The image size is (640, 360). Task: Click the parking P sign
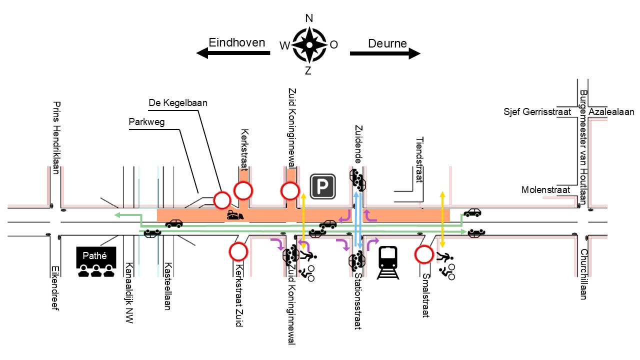pyautogui.click(x=322, y=186)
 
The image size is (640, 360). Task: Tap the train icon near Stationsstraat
pyautogui.click(x=387, y=262)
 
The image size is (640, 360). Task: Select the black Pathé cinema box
pyautogui.click(x=96, y=257)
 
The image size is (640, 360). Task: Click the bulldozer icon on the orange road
pyautogui.click(x=235, y=215)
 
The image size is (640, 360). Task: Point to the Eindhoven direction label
pyautogui.click(x=237, y=42)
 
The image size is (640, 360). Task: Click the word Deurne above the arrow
pyautogui.click(x=387, y=43)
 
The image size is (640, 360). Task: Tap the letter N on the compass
pyautogui.click(x=309, y=18)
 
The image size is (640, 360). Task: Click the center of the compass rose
pyautogui.click(x=309, y=45)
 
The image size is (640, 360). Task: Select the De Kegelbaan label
pyautogui.click(x=178, y=103)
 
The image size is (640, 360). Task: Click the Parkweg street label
pyautogui.click(x=146, y=122)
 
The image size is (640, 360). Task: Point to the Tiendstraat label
pyautogui.click(x=419, y=159)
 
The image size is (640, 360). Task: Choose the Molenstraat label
pyautogui.click(x=545, y=189)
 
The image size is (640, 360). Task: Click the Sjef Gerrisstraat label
pyautogui.click(x=537, y=111)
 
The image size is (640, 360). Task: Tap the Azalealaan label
pyautogui.click(x=611, y=111)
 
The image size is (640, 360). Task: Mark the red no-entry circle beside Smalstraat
pyautogui.click(x=424, y=254)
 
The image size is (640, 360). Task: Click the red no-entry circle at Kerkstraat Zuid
pyautogui.click(x=238, y=251)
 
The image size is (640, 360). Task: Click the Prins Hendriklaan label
pyautogui.click(x=56, y=137)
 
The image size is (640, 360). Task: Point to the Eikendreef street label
pyautogui.click(x=55, y=288)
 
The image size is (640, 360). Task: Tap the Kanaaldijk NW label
pyautogui.click(x=129, y=293)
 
